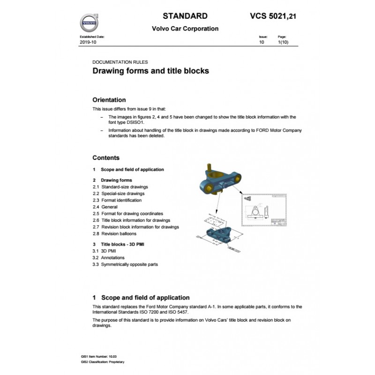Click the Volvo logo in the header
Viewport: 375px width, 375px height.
[x=89, y=22]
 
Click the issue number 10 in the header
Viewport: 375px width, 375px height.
[x=262, y=42]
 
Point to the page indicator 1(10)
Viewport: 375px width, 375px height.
[x=283, y=42]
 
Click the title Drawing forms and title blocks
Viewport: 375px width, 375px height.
[x=150, y=71]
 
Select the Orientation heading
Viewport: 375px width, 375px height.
[x=109, y=99]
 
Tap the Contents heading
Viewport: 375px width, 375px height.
[x=106, y=158]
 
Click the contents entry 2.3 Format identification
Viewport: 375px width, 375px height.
[x=118, y=200]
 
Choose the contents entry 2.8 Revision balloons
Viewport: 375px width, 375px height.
[x=114, y=233]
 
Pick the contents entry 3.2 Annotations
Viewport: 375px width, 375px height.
[x=108, y=258]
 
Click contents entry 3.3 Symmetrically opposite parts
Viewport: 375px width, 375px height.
[x=125, y=264]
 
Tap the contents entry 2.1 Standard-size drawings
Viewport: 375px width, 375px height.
[x=120, y=187]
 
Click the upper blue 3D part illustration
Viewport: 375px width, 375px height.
[x=221, y=180]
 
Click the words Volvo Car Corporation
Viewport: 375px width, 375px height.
[x=185, y=29]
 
